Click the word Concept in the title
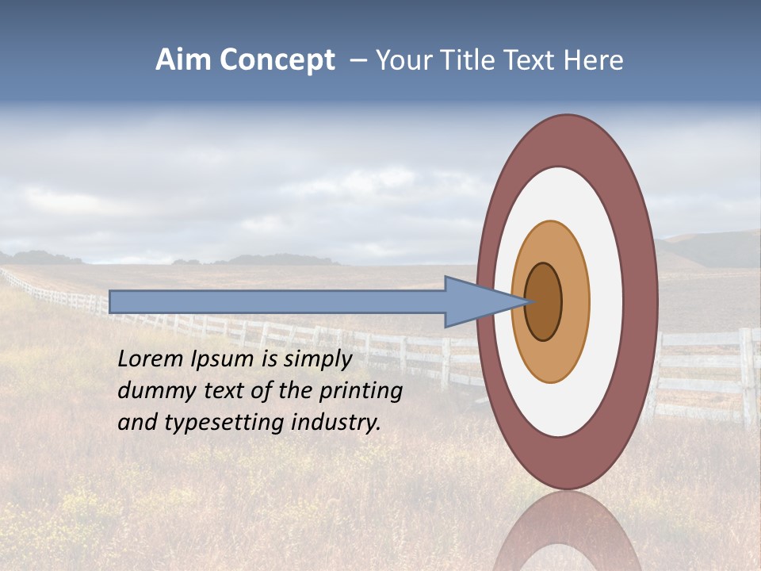[277, 60]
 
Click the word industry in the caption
[336, 423]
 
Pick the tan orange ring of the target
[575, 301]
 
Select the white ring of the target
[607, 301]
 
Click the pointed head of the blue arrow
[476, 301]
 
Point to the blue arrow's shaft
[277, 301]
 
